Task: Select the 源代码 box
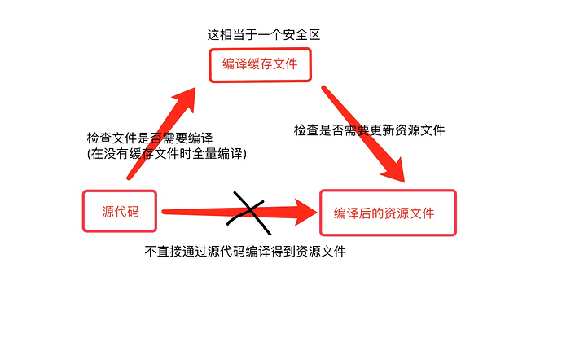(120, 211)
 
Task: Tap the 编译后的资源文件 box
(388, 213)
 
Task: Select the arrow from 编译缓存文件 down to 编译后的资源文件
(362, 130)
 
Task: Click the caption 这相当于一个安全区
(261, 34)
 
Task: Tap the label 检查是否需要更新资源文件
(369, 130)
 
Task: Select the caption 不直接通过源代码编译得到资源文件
(245, 251)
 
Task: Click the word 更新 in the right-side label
(382, 130)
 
